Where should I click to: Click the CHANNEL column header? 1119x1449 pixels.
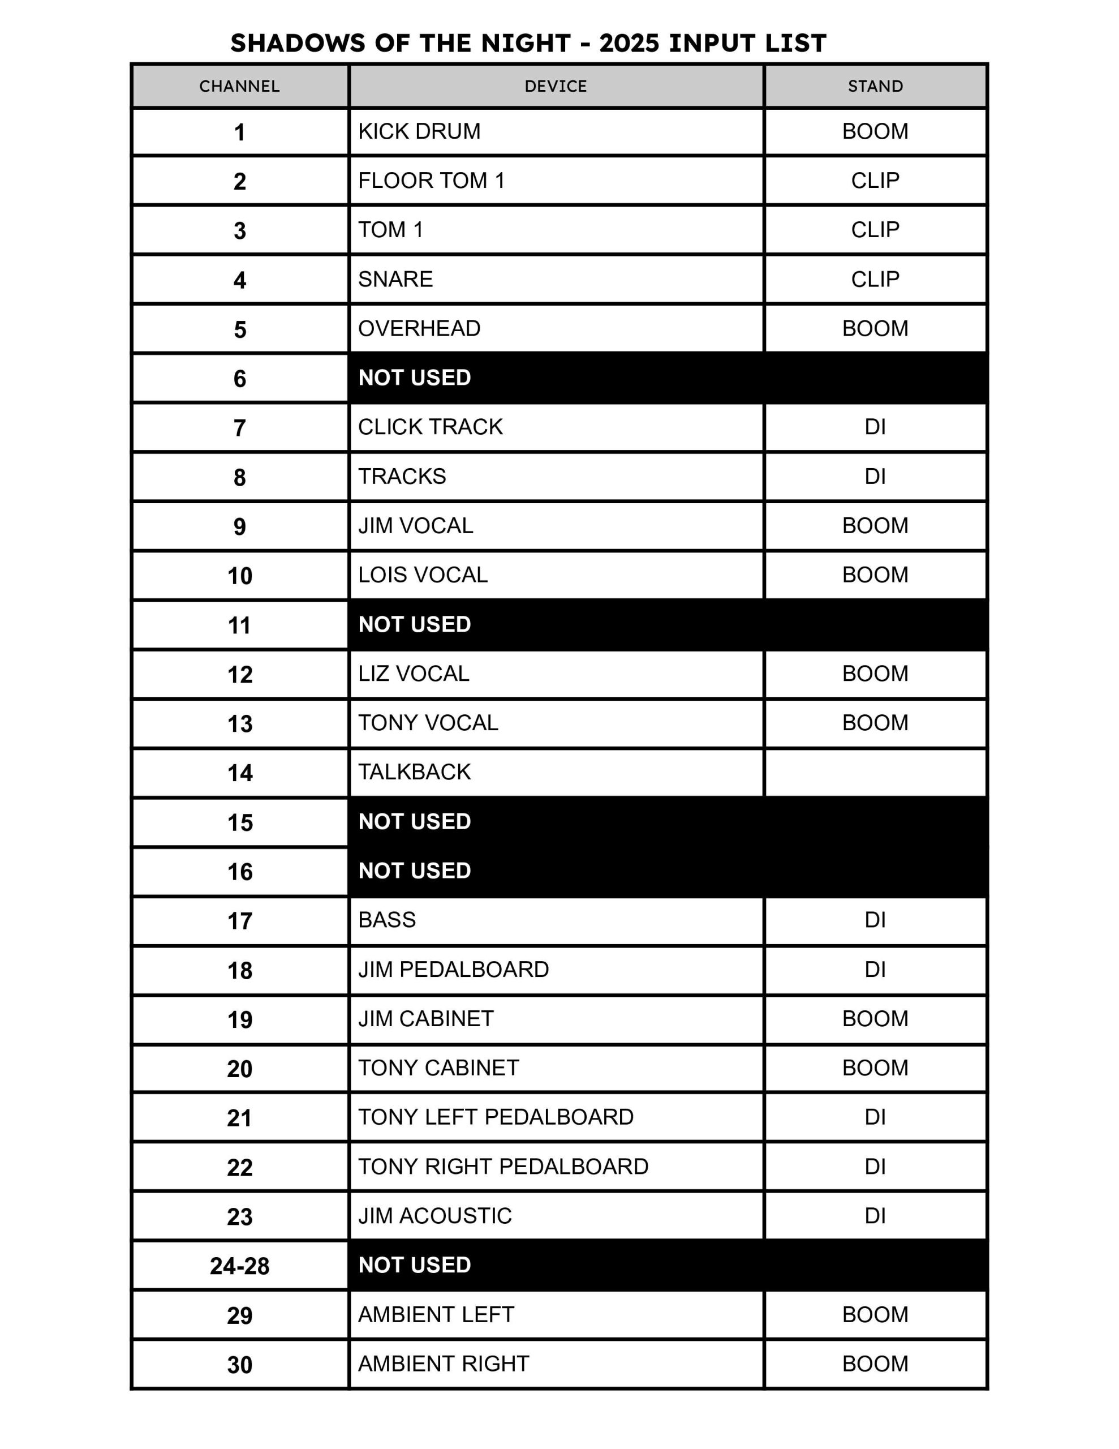pos(239,86)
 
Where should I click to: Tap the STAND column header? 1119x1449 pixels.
pos(875,86)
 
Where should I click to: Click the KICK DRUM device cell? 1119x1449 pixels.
pos(419,131)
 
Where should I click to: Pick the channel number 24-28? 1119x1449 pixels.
pos(239,1266)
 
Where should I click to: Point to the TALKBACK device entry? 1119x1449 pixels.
pos(415,771)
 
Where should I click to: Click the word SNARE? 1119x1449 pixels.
pos(395,278)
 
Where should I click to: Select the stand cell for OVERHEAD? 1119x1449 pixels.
pos(875,328)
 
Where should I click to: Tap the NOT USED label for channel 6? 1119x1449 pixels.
pos(415,378)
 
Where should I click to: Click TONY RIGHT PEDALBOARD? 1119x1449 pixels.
pos(503,1167)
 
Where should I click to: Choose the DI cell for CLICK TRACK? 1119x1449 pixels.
pos(875,427)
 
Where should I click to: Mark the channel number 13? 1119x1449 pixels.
pos(239,723)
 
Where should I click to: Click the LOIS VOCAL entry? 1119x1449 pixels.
pos(423,575)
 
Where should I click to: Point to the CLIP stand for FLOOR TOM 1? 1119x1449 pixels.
pos(875,181)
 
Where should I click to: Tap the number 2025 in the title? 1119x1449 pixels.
pos(629,43)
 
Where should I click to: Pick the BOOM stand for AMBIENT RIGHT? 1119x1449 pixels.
pos(875,1364)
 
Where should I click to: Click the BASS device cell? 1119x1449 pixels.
pos(387,920)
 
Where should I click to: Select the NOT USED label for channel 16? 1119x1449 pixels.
pos(415,871)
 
